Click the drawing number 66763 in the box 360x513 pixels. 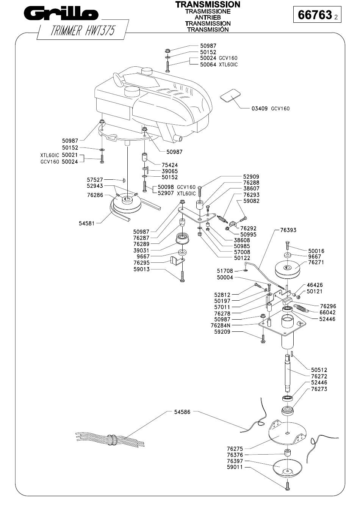[315, 15]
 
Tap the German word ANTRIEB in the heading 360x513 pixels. [208, 17]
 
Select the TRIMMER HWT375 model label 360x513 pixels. [82, 30]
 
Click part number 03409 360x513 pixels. [259, 108]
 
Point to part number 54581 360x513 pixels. [86, 223]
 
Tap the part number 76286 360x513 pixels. [95, 195]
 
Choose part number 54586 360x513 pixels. [182, 412]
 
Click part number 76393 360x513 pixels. [288, 230]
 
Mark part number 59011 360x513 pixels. [235, 467]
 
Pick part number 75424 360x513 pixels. [170, 165]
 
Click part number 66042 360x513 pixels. [327, 312]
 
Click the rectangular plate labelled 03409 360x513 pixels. [230, 95]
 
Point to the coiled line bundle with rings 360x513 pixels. [110, 439]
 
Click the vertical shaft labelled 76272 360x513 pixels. [288, 373]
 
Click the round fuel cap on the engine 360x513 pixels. [132, 91]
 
